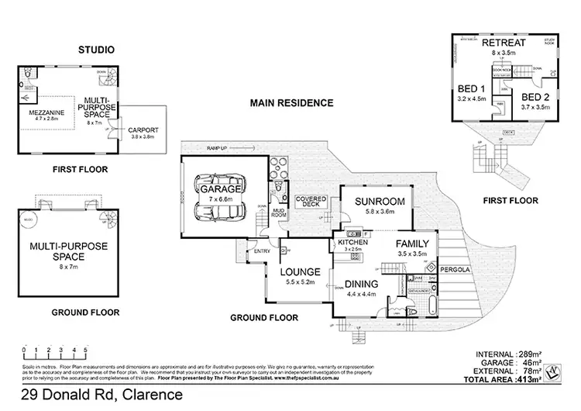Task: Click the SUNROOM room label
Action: [376, 202]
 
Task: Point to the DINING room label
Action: [360, 284]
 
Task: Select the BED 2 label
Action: [534, 97]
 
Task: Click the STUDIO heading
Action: [96, 50]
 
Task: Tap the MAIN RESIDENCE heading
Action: [290, 102]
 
